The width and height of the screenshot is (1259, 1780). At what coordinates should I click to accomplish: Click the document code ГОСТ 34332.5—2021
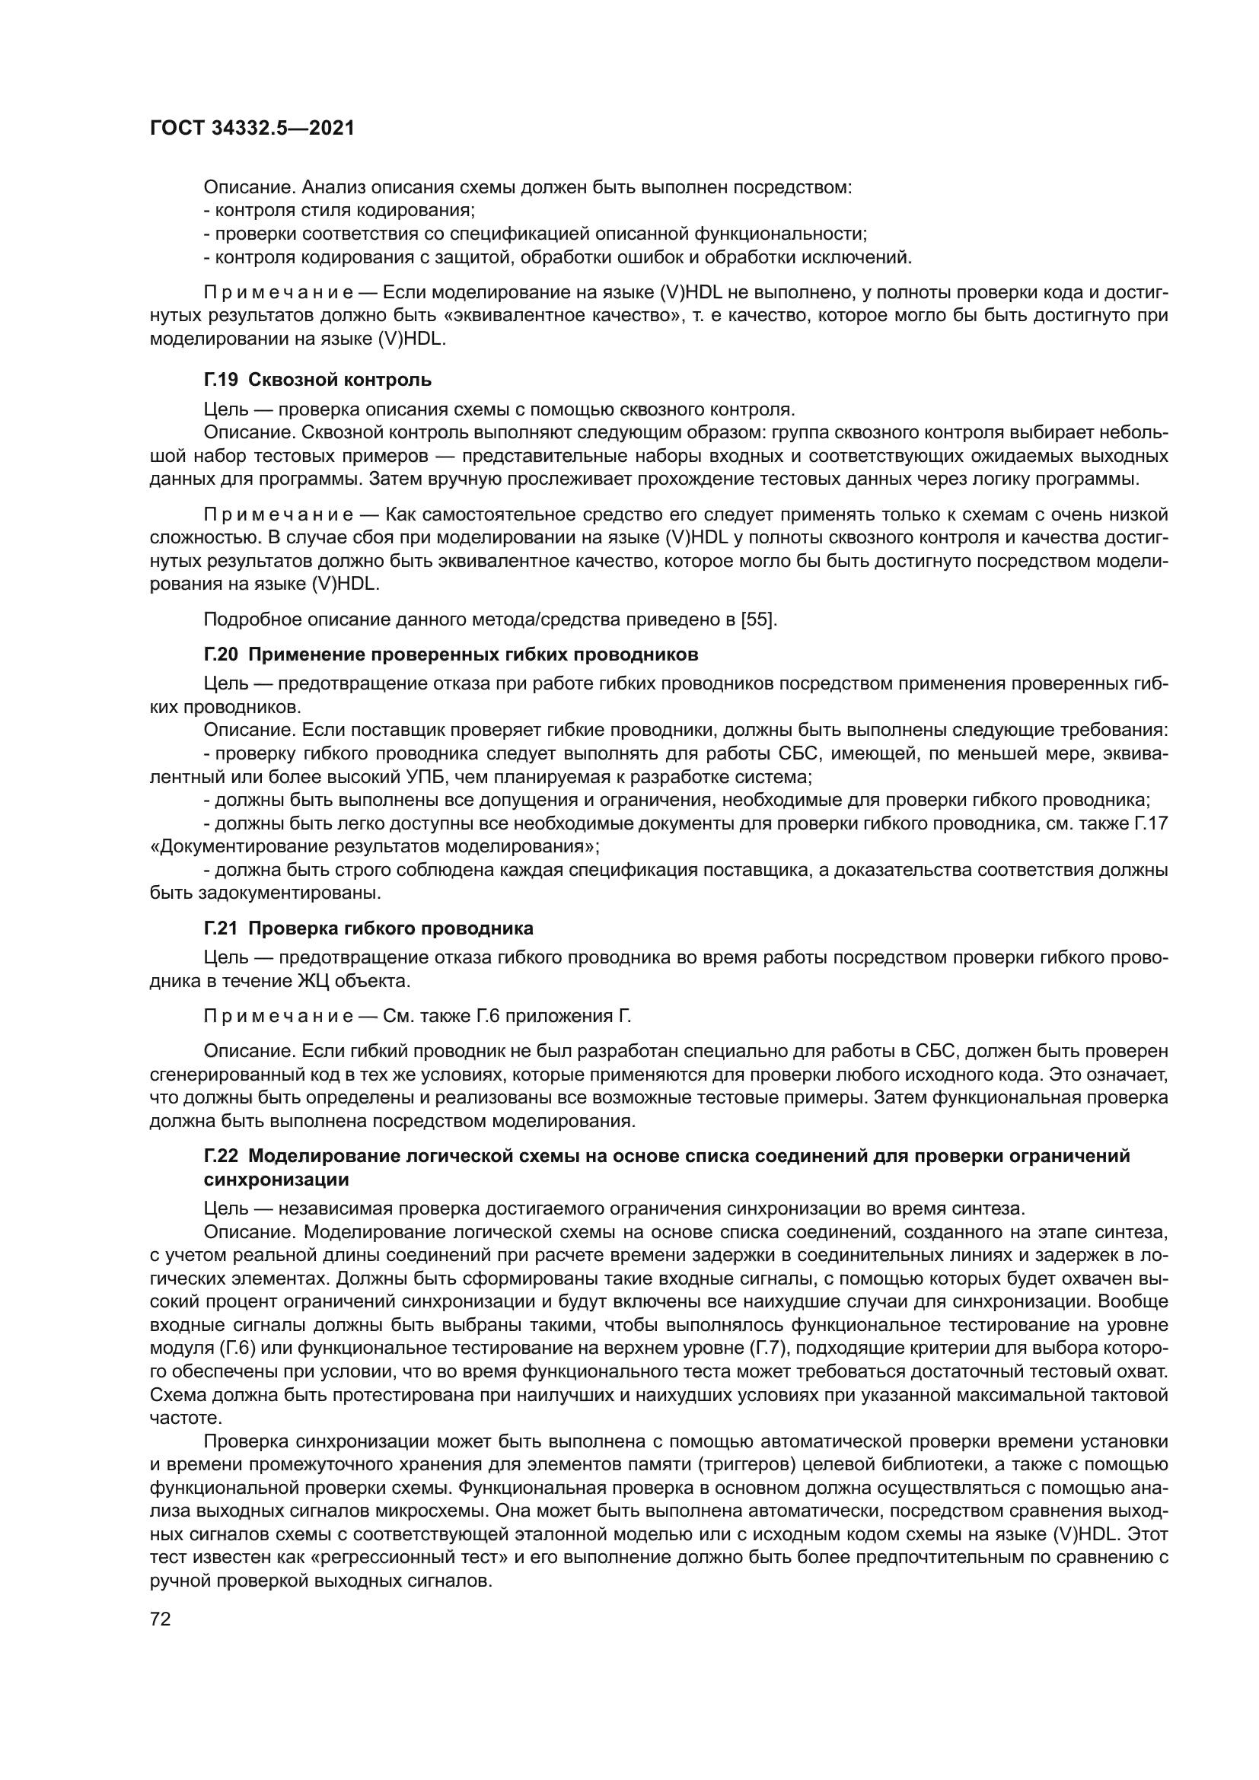tap(252, 129)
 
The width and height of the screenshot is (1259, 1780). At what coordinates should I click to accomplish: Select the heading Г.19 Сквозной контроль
tap(318, 380)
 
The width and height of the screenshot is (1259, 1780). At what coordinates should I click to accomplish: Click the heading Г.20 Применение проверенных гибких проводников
tap(451, 654)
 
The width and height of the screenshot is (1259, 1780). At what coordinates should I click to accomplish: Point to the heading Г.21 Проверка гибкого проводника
tap(369, 928)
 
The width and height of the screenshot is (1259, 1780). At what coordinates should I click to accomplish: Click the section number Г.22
tap(221, 1156)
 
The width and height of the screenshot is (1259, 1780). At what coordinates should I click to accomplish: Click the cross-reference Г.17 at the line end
tap(1150, 823)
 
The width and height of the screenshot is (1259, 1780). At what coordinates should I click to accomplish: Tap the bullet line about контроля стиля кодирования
tap(339, 210)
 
